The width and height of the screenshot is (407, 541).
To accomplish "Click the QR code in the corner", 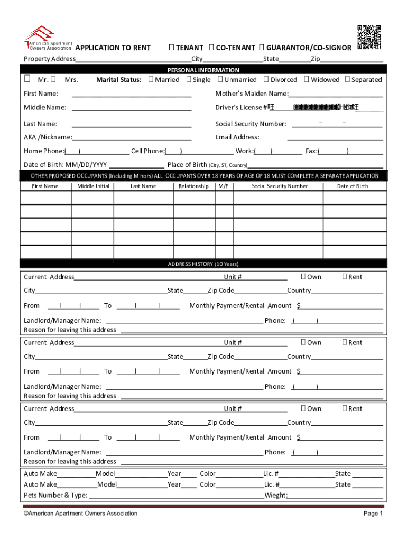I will click(x=369, y=37).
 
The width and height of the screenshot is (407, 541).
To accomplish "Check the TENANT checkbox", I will click(x=171, y=48).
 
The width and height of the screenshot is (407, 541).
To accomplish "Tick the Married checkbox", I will click(x=151, y=79).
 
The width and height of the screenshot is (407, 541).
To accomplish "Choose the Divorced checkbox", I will click(x=266, y=79).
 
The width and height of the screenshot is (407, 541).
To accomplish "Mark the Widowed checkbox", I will click(x=306, y=79).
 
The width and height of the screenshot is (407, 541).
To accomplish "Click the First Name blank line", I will click(x=131, y=96).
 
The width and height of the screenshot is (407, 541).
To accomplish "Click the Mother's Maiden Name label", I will click(x=252, y=94).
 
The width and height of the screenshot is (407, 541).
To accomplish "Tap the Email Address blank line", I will click(x=335, y=139).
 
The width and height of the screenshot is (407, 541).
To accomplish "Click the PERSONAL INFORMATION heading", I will click(x=203, y=70).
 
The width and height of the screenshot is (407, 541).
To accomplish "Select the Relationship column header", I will click(x=193, y=186).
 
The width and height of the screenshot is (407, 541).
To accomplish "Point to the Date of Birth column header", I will click(x=353, y=186).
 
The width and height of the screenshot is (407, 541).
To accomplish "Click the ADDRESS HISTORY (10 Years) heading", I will click(x=203, y=264).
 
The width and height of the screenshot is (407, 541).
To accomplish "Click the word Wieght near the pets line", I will click(x=275, y=496).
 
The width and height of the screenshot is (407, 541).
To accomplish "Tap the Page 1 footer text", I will click(x=373, y=514).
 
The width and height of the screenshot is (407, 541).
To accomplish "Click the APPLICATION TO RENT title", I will click(x=113, y=48).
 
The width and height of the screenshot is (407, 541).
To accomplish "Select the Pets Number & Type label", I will click(x=55, y=496).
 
